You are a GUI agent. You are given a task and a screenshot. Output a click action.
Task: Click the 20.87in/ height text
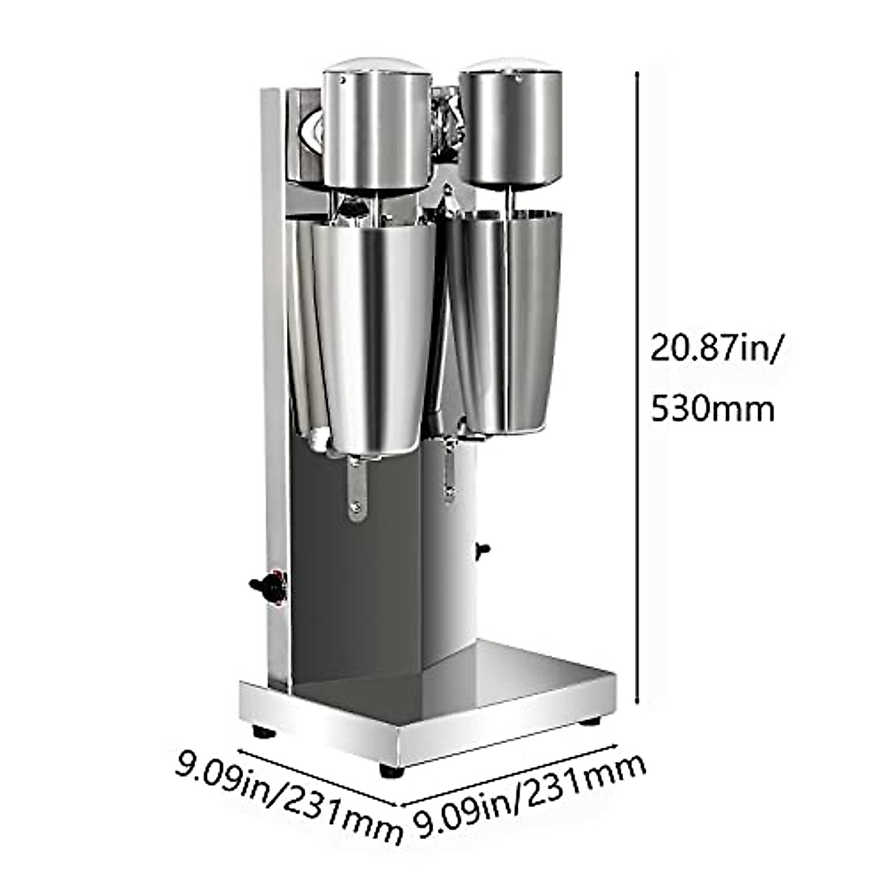713,347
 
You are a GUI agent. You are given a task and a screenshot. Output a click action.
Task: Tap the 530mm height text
712,408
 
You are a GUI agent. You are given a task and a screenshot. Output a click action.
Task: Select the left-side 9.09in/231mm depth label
289,796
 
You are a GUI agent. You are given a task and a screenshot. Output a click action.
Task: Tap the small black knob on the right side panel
482,549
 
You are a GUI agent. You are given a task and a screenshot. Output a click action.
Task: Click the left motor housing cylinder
376,129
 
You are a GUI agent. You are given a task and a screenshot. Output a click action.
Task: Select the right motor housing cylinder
511,126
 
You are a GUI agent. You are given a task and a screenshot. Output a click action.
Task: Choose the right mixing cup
511,318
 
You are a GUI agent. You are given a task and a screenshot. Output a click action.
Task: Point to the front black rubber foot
391,770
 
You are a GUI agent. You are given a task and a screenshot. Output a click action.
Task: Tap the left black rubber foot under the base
263,732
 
